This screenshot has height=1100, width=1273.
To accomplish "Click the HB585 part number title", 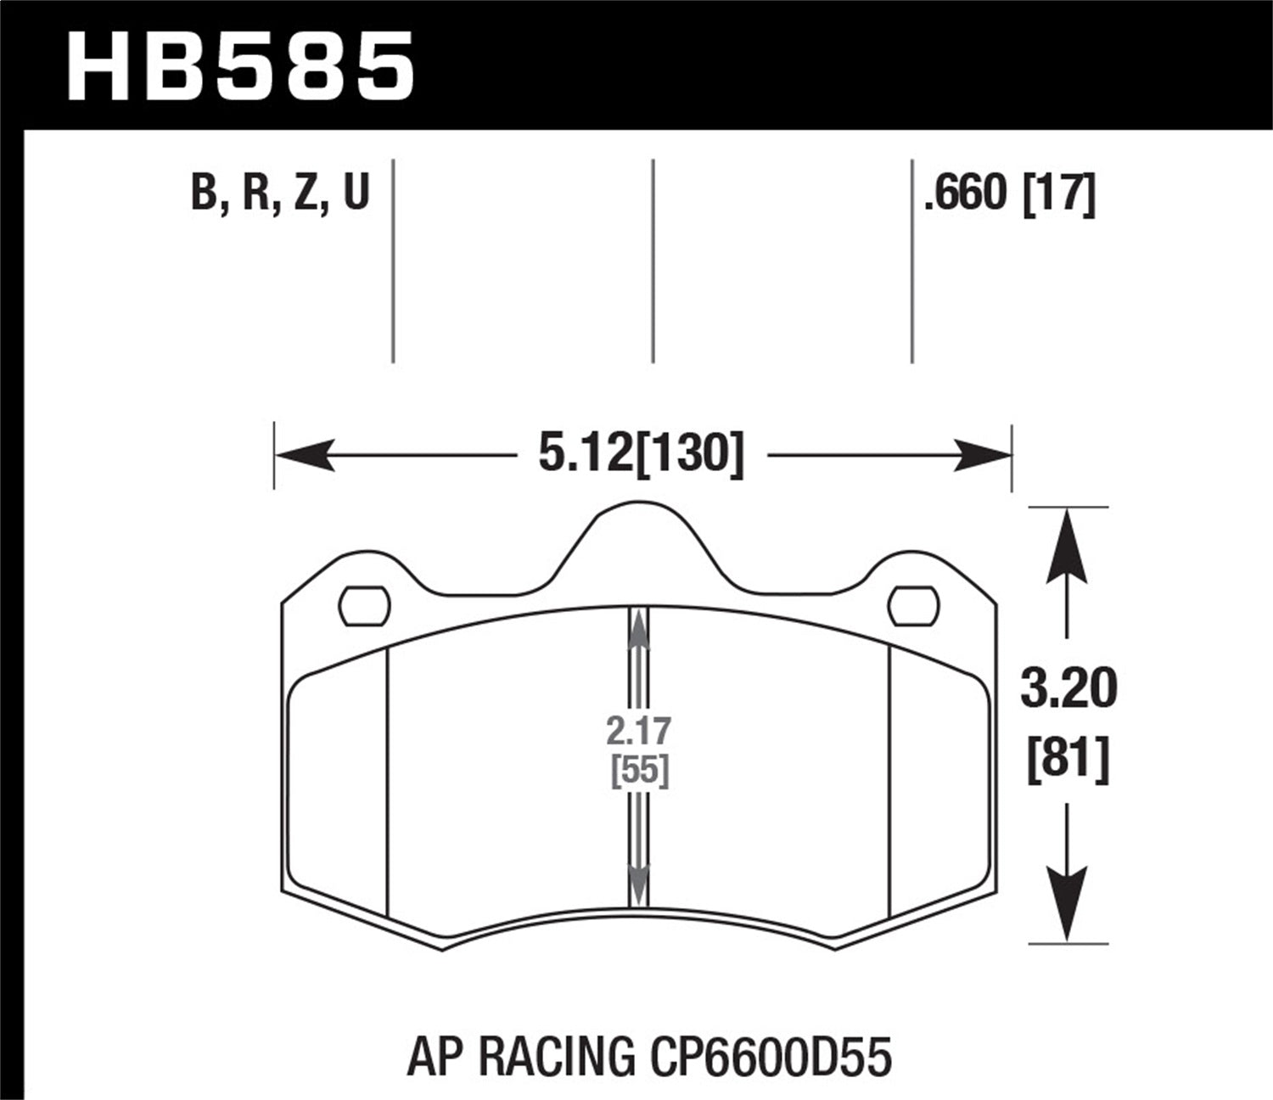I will tap(241, 65).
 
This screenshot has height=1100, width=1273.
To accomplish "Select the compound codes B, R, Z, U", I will tap(280, 192).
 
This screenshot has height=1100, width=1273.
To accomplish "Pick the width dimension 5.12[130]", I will tap(641, 455).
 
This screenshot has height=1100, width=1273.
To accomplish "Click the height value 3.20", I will tap(1068, 688).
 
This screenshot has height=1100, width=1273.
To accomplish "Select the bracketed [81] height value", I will tap(1068, 758).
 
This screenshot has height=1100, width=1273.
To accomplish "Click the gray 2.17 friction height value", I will tap(639, 730).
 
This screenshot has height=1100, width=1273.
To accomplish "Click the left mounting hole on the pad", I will tap(364, 606).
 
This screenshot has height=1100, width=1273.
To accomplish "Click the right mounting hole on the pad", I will tap(914, 606).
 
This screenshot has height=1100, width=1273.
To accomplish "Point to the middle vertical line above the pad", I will tap(653, 261).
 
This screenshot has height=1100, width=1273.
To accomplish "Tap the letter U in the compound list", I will tap(356, 192).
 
